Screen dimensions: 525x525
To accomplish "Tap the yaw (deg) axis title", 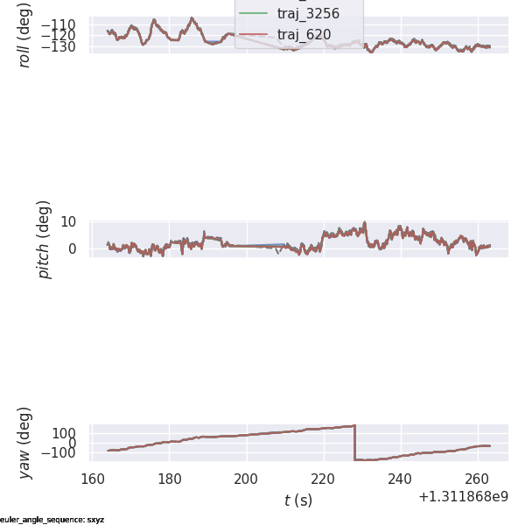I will (x=25, y=443).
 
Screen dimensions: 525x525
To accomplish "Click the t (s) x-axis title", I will (x=298, y=500).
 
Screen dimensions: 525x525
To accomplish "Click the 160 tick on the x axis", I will (x=93, y=479).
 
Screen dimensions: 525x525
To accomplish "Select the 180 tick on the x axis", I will (x=170, y=479).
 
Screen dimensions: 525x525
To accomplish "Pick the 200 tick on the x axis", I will (x=247, y=479).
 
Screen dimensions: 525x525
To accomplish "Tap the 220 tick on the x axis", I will (x=324, y=479).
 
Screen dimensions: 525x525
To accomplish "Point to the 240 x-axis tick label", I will (x=401, y=479).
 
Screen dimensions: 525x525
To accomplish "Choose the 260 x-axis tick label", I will (x=478, y=479).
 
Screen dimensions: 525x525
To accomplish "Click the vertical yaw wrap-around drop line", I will (x=354, y=443).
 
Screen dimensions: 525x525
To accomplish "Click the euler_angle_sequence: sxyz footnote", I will (x=52, y=520).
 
